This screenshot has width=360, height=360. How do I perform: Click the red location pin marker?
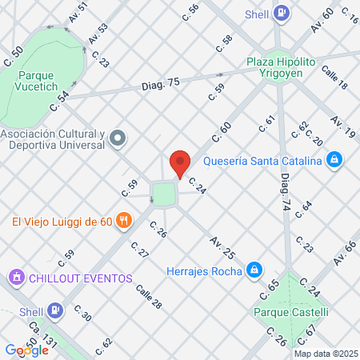click(x=180, y=162)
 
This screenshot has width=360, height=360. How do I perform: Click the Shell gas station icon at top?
click(x=282, y=13)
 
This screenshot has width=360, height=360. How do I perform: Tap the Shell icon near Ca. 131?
click(x=54, y=310)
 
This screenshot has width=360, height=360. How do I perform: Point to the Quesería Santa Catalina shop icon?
click(x=334, y=160)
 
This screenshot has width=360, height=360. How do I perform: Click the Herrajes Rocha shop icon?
click(x=254, y=270)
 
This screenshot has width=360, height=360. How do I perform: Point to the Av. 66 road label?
click(x=344, y=253)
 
